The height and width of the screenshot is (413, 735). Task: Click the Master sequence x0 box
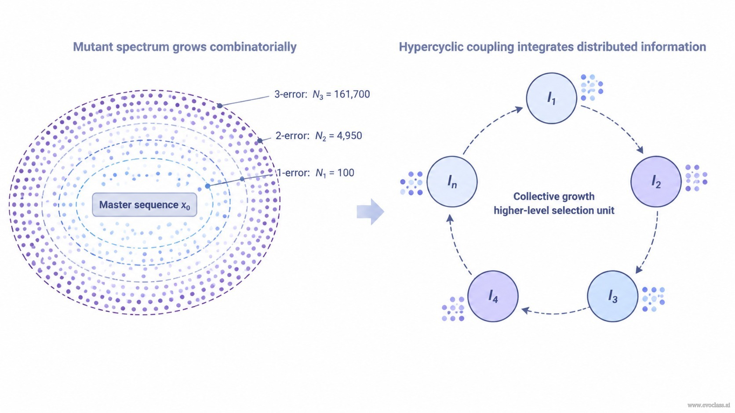pos(145,205)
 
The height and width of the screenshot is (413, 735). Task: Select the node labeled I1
pos(552,98)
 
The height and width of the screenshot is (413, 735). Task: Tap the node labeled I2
pos(656,181)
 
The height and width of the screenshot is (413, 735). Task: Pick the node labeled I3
pos(612,296)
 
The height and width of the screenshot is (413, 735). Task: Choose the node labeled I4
pos(493,296)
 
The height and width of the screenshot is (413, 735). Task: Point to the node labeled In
pos(452,181)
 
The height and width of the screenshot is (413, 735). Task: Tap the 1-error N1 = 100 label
pos(316,173)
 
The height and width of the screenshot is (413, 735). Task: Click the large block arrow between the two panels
pos(371,212)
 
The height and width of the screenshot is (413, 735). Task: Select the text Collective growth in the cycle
pos(554,196)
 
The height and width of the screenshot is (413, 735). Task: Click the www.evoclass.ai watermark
pos(709,405)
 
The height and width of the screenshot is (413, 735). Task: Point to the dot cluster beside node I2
pos(696,178)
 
